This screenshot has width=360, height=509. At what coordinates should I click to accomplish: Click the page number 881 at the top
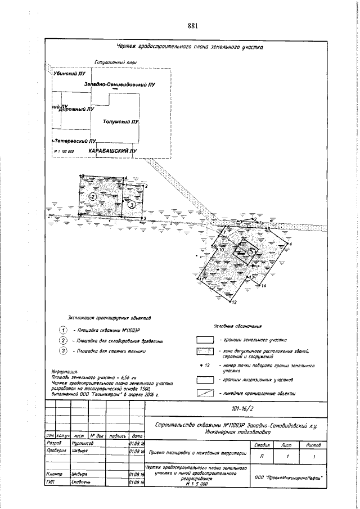(193, 26)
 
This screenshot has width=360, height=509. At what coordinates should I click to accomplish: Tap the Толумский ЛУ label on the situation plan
(120, 121)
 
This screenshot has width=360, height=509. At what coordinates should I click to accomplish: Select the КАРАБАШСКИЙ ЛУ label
(112, 151)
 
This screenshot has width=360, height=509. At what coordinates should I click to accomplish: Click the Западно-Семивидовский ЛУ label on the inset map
(120, 84)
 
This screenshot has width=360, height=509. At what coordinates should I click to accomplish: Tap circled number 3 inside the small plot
(131, 205)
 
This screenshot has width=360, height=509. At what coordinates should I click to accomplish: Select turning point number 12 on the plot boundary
(233, 303)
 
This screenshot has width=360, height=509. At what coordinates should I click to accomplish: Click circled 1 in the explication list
(64, 330)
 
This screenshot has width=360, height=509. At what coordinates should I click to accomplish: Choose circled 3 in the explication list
(64, 352)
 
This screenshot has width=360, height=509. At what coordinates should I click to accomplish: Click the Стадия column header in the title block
(260, 445)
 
